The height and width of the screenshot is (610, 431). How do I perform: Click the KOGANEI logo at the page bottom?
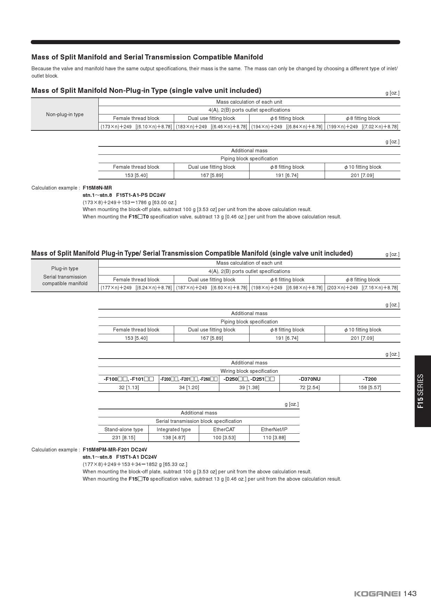click(377, 594)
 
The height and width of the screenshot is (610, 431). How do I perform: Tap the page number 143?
click(410, 594)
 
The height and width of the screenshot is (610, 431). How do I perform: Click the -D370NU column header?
click(309, 379)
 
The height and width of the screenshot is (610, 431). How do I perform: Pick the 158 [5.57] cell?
click(369, 387)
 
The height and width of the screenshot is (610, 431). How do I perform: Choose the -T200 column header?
click(369, 379)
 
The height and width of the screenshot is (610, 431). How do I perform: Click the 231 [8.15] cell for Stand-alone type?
click(123, 438)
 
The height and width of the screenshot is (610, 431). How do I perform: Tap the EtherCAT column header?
click(224, 430)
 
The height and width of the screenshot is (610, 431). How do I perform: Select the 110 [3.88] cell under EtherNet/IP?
click(274, 438)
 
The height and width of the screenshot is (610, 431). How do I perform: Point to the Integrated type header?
click(173, 430)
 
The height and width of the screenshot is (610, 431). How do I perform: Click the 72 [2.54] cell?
click(309, 387)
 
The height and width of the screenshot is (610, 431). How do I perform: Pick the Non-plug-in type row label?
click(65, 114)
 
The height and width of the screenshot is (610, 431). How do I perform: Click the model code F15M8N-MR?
click(97, 188)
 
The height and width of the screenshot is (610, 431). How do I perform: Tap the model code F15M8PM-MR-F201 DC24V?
click(115, 450)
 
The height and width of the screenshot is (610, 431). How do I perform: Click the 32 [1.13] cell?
click(129, 387)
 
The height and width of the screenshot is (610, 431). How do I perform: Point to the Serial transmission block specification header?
click(198, 421)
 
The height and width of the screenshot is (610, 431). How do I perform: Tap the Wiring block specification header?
click(249, 371)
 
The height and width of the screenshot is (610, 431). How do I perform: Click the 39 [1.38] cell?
click(249, 387)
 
